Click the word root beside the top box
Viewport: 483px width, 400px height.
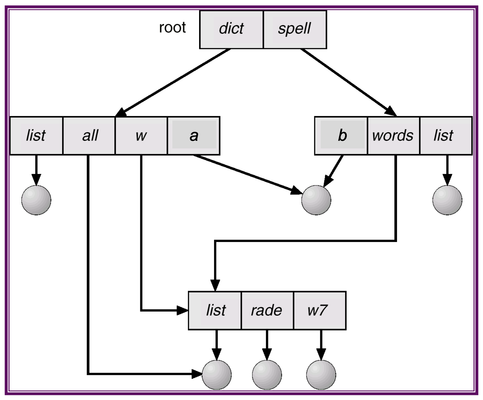pyautogui.click(x=172, y=27)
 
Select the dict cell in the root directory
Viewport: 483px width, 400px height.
pyautogui.click(x=231, y=29)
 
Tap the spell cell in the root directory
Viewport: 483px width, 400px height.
pyautogui.click(x=294, y=29)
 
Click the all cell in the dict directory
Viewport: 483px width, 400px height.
pyautogui.click(x=89, y=136)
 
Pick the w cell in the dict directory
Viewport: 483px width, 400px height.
pyautogui.click(x=141, y=136)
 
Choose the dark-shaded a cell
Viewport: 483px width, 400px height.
pyautogui.click(x=194, y=136)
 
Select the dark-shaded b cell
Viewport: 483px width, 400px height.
pyautogui.click(x=342, y=136)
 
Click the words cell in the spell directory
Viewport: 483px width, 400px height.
pyautogui.click(x=393, y=136)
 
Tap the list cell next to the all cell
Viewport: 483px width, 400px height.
pyautogui.click(x=36, y=136)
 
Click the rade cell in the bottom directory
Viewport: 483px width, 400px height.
pyautogui.click(x=267, y=310)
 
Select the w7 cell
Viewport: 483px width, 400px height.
pyautogui.click(x=319, y=310)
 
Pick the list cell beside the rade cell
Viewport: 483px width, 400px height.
pyautogui.click(x=215, y=310)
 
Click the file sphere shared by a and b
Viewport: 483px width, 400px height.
pyautogui.click(x=316, y=200)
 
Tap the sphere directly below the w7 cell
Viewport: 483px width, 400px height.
pyautogui.click(x=321, y=375)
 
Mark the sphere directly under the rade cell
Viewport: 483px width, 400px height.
pyautogui.click(x=267, y=375)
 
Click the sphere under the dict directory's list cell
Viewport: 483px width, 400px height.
pyautogui.click(x=36, y=200)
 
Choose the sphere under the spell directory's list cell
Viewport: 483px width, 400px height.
pyautogui.click(x=447, y=200)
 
